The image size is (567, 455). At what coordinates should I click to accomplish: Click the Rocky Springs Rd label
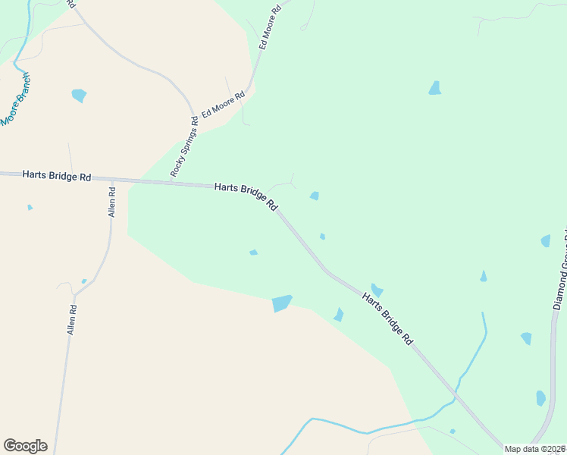[x=184, y=146]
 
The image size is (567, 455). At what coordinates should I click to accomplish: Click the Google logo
[x=25, y=446]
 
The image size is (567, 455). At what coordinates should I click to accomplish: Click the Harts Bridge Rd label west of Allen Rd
[x=57, y=175]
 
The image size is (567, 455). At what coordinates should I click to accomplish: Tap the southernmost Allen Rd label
[x=73, y=319]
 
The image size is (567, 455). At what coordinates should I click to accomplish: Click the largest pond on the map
[x=282, y=303]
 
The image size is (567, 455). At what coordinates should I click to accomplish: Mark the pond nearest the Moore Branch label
[x=79, y=96]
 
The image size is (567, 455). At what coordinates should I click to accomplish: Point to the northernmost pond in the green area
[x=434, y=88]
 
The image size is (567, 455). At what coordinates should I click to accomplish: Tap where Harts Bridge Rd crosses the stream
[x=457, y=394]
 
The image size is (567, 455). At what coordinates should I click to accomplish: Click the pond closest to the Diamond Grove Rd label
[x=546, y=241]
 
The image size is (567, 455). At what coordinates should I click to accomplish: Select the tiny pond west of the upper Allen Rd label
[x=30, y=207]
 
